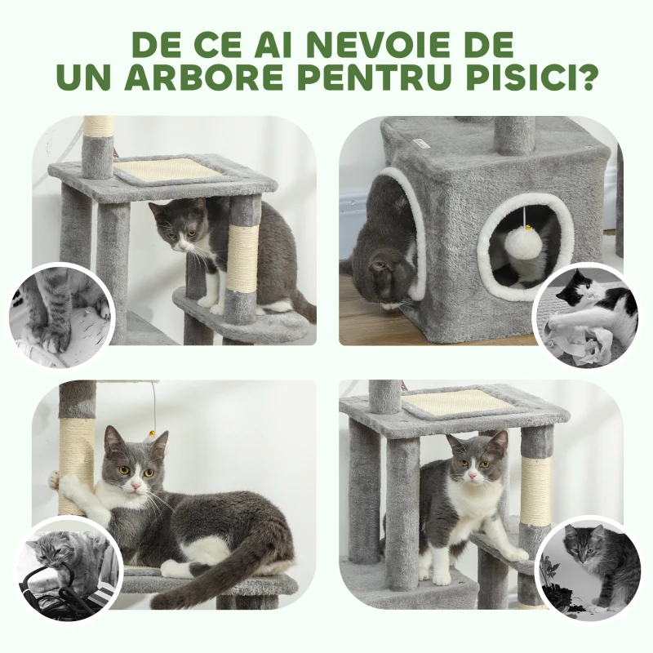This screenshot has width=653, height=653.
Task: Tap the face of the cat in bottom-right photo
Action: pyautogui.click(x=472, y=461)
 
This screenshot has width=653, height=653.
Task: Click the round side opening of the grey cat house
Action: pyautogui.click(x=523, y=244)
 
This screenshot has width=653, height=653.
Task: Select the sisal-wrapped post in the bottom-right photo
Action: pyautogui.click(x=536, y=490)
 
